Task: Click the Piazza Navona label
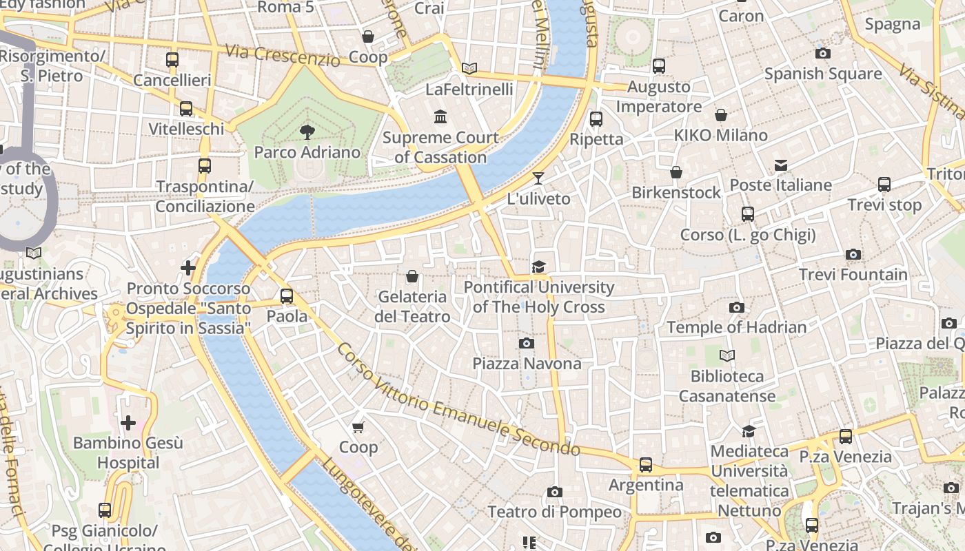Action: click(x=527, y=363)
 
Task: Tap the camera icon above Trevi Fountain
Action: click(x=853, y=255)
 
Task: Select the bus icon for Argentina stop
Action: click(x=645, y=465)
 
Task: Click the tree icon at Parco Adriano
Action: click(x=307, y=132)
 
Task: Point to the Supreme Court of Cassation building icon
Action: click(x=440, y=116)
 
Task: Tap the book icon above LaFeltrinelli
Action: click(x=469, y=68)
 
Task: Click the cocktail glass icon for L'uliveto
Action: click(x=538, y=178)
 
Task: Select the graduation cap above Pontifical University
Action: click(x=538, y=267)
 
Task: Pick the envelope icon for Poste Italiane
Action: click(x=780, y=165)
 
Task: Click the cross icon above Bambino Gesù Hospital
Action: click(x=128, y=422)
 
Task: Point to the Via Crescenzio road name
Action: click(x=283, y=55)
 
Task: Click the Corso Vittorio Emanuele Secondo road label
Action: click(x=458, y=400)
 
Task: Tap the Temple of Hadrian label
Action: click(x=736, y=327)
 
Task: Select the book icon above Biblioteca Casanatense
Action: click(x=727, y=356)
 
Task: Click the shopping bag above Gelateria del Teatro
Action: click(x=412, y=276)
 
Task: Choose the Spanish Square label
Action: click(x=822, y=74)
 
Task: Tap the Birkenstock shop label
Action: click(x=676, y=192)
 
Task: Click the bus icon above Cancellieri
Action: click(x=172, y=60)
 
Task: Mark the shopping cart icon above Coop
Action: click(x=358, y=427)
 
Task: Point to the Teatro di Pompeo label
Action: click(x=554, y=512)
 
